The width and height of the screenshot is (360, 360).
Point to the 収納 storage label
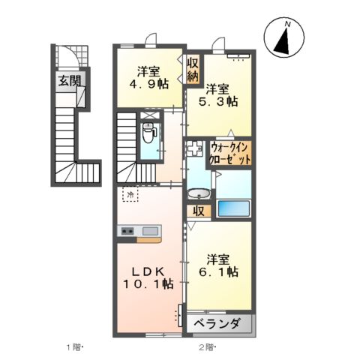click(193, 69)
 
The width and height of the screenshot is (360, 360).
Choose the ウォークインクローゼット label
click(230, 152)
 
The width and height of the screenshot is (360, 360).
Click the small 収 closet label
click(198, 211)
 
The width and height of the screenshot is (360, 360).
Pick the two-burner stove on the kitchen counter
click(125, 231)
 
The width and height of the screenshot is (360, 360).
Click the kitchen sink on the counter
click(148, 231)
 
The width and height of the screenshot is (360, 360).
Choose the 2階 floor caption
click(208, 346)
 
